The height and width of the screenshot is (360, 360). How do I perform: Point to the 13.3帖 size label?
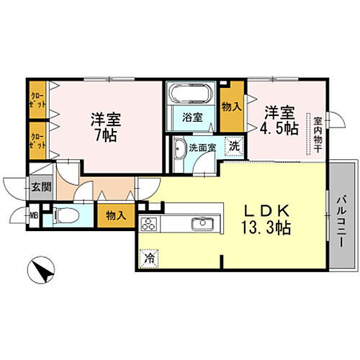tap(262, 228)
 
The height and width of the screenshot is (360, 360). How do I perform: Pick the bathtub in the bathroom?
tap(190, 94)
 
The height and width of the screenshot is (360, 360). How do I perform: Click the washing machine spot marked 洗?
tap(234, 145)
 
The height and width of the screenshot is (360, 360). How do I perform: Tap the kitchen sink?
tap(200, 225)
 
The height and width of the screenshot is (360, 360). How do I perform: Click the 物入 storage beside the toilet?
tap(115, 215)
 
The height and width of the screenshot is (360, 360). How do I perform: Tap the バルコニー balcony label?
tap(343, 222)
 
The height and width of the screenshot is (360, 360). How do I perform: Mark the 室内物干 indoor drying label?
tap(315, 133)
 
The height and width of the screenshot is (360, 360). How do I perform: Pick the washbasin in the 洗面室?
tap(180, 153)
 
